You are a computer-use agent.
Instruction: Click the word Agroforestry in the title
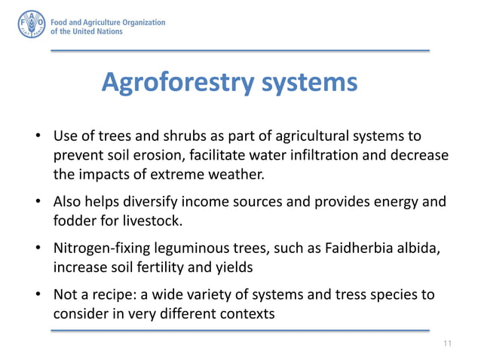[x=178, y=82]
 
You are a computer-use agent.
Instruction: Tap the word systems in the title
[x=309, y=82]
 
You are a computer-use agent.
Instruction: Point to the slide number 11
[x=448, y=343]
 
